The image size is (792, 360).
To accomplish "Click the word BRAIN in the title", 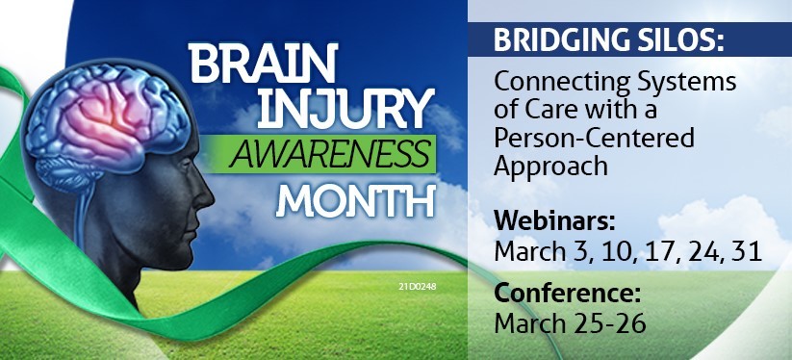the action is point(262,64).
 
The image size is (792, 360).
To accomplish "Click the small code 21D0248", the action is point(417,287).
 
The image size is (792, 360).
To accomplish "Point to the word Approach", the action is point(550,167).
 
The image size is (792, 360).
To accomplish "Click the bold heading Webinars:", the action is point(554,221).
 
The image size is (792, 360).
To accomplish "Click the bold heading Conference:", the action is point(567,295).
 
